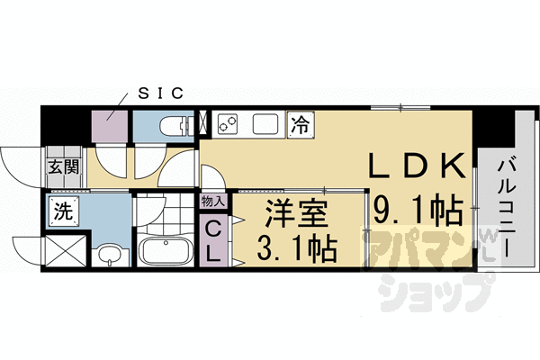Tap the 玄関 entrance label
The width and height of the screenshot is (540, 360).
(63, 166)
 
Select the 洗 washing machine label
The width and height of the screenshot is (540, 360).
(64, 213)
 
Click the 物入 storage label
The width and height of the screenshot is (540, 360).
(213, 202)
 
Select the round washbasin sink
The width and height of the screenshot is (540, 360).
(108, 255)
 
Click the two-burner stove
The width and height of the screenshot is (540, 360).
(226, 123)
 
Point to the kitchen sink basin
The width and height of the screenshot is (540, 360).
(267, 123)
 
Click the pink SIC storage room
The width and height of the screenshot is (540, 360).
(111, 127)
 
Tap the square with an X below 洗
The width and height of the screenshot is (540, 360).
(65, 249)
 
